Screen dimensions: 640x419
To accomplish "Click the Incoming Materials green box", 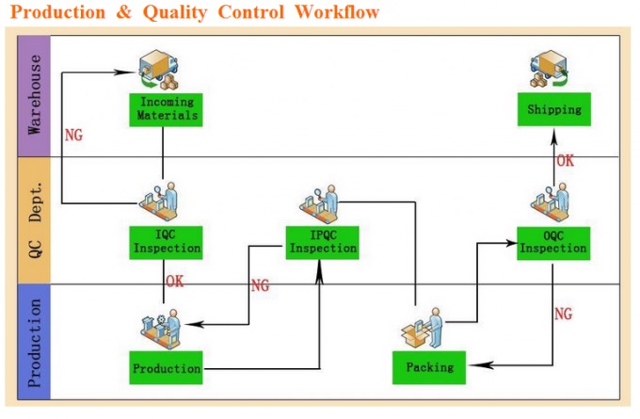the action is point(166,110).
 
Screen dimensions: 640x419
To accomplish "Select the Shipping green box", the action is point(553,109).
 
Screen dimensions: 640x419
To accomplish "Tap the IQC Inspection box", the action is point(166,243).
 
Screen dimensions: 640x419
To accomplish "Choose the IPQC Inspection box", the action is point(322,243).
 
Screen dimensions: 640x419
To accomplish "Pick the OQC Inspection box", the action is point(553,243).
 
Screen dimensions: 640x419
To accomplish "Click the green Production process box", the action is point(166,367).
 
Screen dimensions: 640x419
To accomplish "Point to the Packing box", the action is point(429,367).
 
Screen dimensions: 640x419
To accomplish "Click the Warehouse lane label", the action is point(34,95).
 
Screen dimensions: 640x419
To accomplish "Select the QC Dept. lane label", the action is point(34,220).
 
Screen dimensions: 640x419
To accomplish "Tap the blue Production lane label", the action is point(34,342).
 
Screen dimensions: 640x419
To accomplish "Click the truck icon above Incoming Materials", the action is point(158,70).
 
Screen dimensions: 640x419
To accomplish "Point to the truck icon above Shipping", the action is point(550,69).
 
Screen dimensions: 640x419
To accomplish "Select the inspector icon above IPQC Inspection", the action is point(320,203).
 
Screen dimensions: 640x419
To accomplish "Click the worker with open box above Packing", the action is point(423,328).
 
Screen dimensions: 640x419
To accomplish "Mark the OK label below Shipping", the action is point(566,160).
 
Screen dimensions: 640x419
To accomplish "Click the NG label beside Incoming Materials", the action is point(73,135).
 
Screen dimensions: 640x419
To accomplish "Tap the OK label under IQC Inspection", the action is point(175,281).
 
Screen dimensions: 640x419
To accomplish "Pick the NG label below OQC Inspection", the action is point(563,314).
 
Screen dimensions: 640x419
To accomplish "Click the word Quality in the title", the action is point(175,12).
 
